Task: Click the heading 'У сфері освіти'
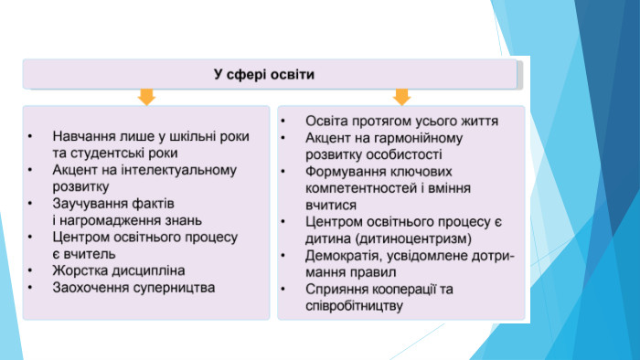point(264,75)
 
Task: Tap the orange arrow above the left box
point(146,97)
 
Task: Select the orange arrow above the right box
point(401,97)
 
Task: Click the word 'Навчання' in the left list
point(84,136)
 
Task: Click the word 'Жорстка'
point(80,270)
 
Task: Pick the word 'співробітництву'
point(355,306)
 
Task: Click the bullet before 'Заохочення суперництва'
point(30,288)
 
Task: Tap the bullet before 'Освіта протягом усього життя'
point(283,122)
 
